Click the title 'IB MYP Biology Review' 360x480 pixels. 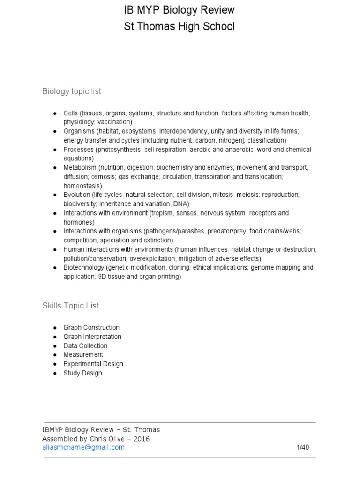click(179, 10)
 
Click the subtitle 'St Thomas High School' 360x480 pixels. click(179, 27)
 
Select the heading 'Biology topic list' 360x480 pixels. click(71, 91)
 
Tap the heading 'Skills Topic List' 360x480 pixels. click(70, 306)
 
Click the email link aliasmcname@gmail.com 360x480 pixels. click(83, 447)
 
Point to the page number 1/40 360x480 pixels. click(303, 447)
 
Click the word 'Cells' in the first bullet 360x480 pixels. click(71, 113)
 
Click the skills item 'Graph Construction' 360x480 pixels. click(91, 328)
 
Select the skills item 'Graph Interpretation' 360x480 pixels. click(92, 337)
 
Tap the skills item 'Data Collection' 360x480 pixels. click(85, 346)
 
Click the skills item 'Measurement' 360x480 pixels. click(83, 355)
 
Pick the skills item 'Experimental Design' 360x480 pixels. click(93, 364)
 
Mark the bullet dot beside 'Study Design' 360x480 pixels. click(54, 373)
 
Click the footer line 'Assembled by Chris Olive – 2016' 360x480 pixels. click(96, 439)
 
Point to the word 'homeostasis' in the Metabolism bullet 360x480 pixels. click(82, 186)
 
